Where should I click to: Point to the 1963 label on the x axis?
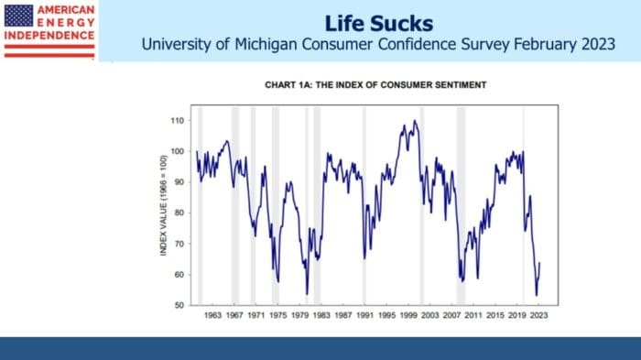pyautogui.click(x=212, y=315)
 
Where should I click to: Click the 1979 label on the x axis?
pyautogui.click(x=299, y=315)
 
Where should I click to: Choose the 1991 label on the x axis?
pyautogui.click(x=364, y=315)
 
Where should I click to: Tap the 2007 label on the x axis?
pyautogui.click(x=451, y=315)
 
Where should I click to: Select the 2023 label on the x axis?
pyautogui.click(x=538, y=315)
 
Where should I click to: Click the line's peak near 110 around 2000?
pyautogui.click(x=415, y=121)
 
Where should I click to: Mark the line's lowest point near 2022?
pyautogui.click(x=536, y=295)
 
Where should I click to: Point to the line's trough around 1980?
pyautogui.click(x=307, y=294)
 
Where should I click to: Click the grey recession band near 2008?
pyautogui.click(x=461, y=206)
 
